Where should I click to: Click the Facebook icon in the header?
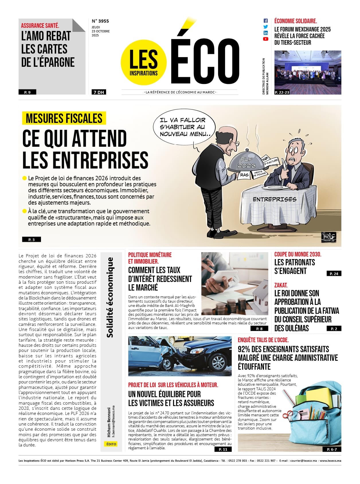[266, 21]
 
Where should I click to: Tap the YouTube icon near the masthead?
[266, 39]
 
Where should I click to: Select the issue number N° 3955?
[100, 21]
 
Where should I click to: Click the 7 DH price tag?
[99, 92]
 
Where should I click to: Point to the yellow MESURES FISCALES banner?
[64, 118]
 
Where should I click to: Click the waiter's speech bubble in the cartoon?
[184, 127]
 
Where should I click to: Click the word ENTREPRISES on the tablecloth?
[274, 199]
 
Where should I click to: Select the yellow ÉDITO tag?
[111, 444]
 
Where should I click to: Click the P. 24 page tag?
[334, 274]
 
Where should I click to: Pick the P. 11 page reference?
[223, 449]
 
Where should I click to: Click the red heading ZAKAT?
[281, 285]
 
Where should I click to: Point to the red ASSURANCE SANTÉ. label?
[40, 26]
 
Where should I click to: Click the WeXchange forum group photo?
[308, 72]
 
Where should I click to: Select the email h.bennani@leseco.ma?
[114, 421]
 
